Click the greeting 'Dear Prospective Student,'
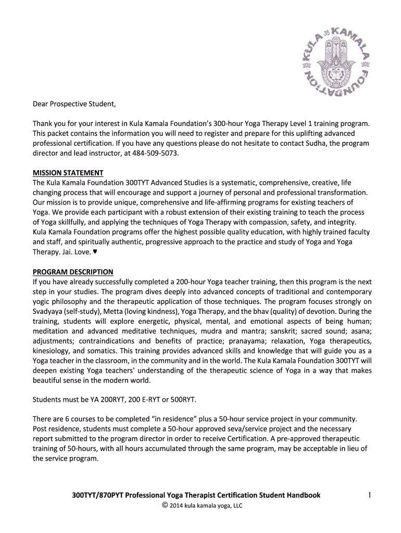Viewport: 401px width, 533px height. pos(74,104)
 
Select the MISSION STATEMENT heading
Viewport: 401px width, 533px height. pos(68,173)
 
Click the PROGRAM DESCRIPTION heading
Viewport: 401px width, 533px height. pos(73,272)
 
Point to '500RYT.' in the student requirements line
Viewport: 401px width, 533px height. pos(183,399)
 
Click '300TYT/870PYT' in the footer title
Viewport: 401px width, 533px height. pos(97,496)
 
